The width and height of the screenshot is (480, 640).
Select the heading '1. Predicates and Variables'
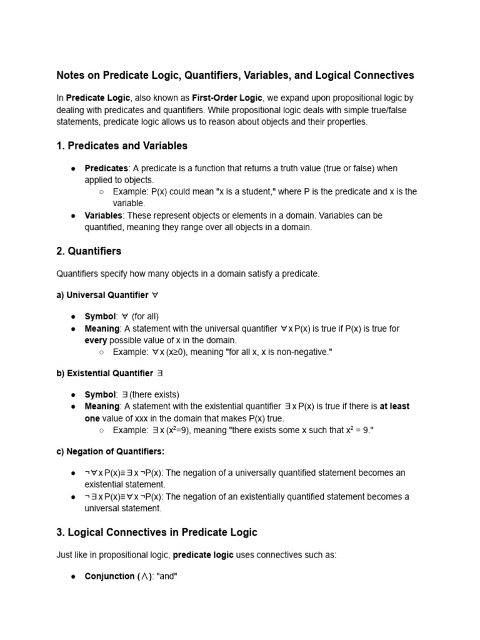122,146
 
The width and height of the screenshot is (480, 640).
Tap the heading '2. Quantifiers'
89,251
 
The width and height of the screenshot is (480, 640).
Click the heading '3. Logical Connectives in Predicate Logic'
157,532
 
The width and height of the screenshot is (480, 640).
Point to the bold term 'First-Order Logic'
224,98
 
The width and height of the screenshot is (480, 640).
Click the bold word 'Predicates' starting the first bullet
106,168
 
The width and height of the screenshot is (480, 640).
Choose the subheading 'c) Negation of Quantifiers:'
111,451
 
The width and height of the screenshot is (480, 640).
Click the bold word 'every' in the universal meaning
96,341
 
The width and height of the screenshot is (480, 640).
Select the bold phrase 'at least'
394,406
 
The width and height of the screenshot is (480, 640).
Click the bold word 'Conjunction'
109,576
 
